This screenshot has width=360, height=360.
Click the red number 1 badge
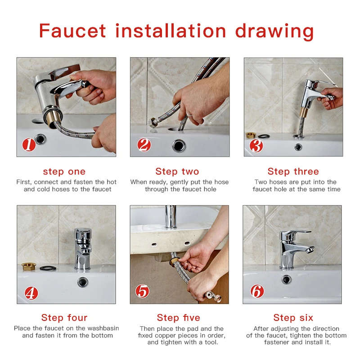[29, 145]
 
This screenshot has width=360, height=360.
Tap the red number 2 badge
[144, 145]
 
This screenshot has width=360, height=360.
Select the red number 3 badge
[256, 145]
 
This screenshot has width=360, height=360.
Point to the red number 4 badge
[31, 293]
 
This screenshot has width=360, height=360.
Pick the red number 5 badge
[142, 291]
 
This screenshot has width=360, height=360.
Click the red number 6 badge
[257, 291]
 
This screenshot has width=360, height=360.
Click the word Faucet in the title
[72, 31]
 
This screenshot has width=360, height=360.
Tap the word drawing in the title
[274, 31]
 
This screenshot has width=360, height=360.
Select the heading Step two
[177, 171]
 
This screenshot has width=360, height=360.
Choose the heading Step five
[178, 318]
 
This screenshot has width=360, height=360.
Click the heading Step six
[293, 318]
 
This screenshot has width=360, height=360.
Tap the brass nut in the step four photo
[29, 266]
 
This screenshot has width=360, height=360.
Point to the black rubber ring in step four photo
[48, 268]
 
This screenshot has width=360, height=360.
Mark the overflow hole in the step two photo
[179, 145]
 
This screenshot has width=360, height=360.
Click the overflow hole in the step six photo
[286, 279]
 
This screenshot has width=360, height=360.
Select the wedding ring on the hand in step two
[189, 114]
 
